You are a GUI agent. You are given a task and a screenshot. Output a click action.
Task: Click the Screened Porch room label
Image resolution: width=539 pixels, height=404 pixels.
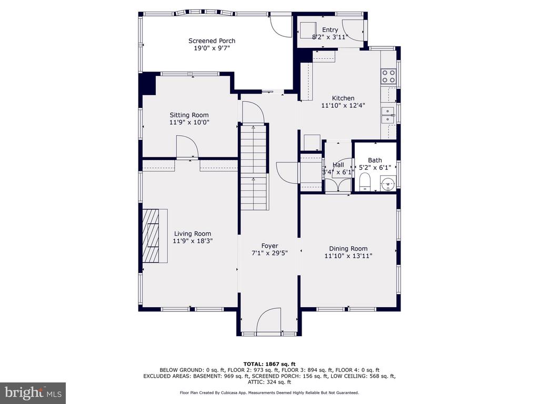[x=212, y=41]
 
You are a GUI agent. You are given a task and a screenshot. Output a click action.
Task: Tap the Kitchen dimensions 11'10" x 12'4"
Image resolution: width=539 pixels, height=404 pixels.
[x=343, y=105]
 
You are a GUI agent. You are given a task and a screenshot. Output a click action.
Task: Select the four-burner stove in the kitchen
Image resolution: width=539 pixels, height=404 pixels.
[x=388, y=76]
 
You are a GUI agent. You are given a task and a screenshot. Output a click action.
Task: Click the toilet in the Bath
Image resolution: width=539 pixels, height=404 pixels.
[x=365, y=182]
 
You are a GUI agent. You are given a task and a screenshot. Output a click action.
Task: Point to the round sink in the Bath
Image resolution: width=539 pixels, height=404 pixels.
[x=388, y=184]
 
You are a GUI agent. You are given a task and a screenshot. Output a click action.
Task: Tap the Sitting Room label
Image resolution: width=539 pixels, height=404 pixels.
[x=189, y=115]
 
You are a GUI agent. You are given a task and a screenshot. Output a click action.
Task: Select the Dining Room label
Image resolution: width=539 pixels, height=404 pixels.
[x=348, y=248]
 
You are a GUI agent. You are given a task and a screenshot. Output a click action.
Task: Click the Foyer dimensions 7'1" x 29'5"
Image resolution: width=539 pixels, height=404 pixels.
[x=269, y=253]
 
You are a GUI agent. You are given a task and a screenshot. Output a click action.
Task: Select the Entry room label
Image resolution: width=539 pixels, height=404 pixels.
[x=330, y=30]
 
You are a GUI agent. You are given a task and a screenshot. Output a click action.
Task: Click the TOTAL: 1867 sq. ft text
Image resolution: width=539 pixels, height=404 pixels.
[x=269, y=364]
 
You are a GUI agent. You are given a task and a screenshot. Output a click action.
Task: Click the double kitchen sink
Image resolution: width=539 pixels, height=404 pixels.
[x=388, y=115]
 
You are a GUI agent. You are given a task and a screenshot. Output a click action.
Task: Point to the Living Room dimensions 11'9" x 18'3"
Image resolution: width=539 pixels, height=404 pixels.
[x=193, y=241]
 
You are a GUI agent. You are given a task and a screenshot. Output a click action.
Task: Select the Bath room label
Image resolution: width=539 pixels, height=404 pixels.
[x=375, y=160]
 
